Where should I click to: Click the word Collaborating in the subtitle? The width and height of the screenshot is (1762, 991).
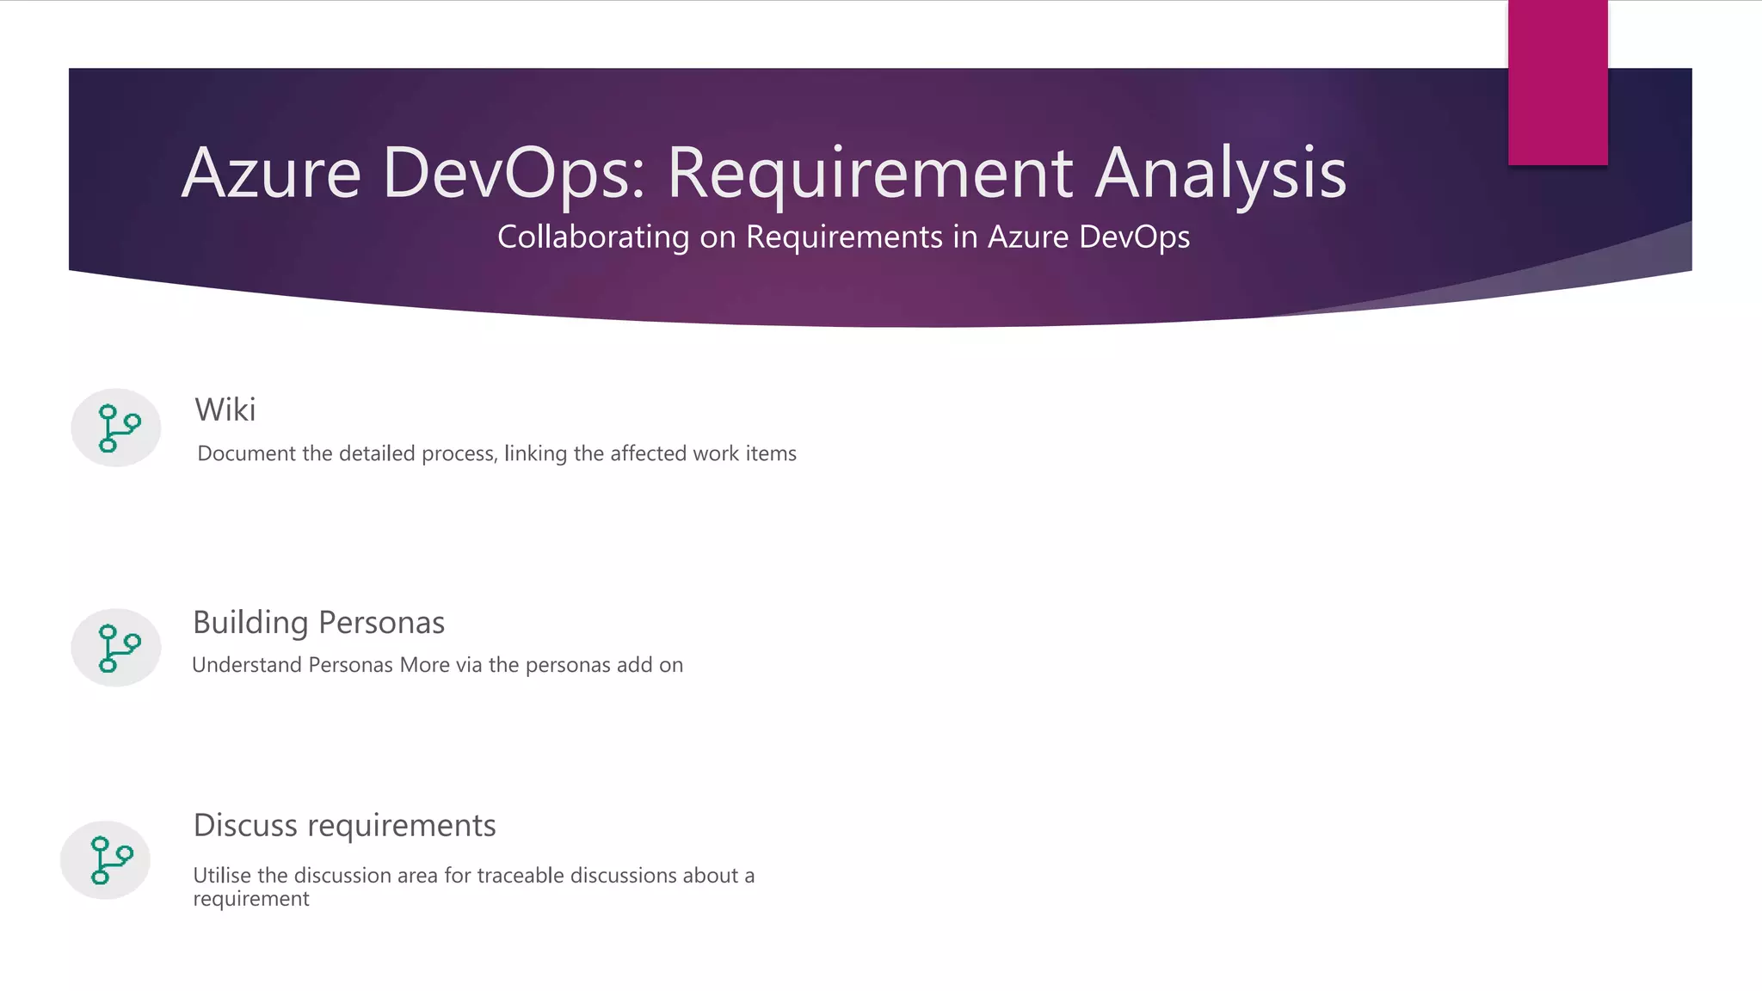[593, 237]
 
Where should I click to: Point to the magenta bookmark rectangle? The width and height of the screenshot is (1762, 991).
[1557, 83]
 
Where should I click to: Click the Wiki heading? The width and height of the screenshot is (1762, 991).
[225, 409]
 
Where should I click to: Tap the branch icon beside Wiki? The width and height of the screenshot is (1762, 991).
[116, 428]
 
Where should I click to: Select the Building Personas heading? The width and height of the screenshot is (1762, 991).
[318, 622]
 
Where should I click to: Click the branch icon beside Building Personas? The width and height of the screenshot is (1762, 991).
[116, 647]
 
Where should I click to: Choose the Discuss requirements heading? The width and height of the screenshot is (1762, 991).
[344, 825]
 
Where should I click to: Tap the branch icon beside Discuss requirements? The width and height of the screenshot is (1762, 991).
[106, 859]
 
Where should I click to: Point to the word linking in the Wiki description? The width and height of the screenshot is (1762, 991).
[535, 453]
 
